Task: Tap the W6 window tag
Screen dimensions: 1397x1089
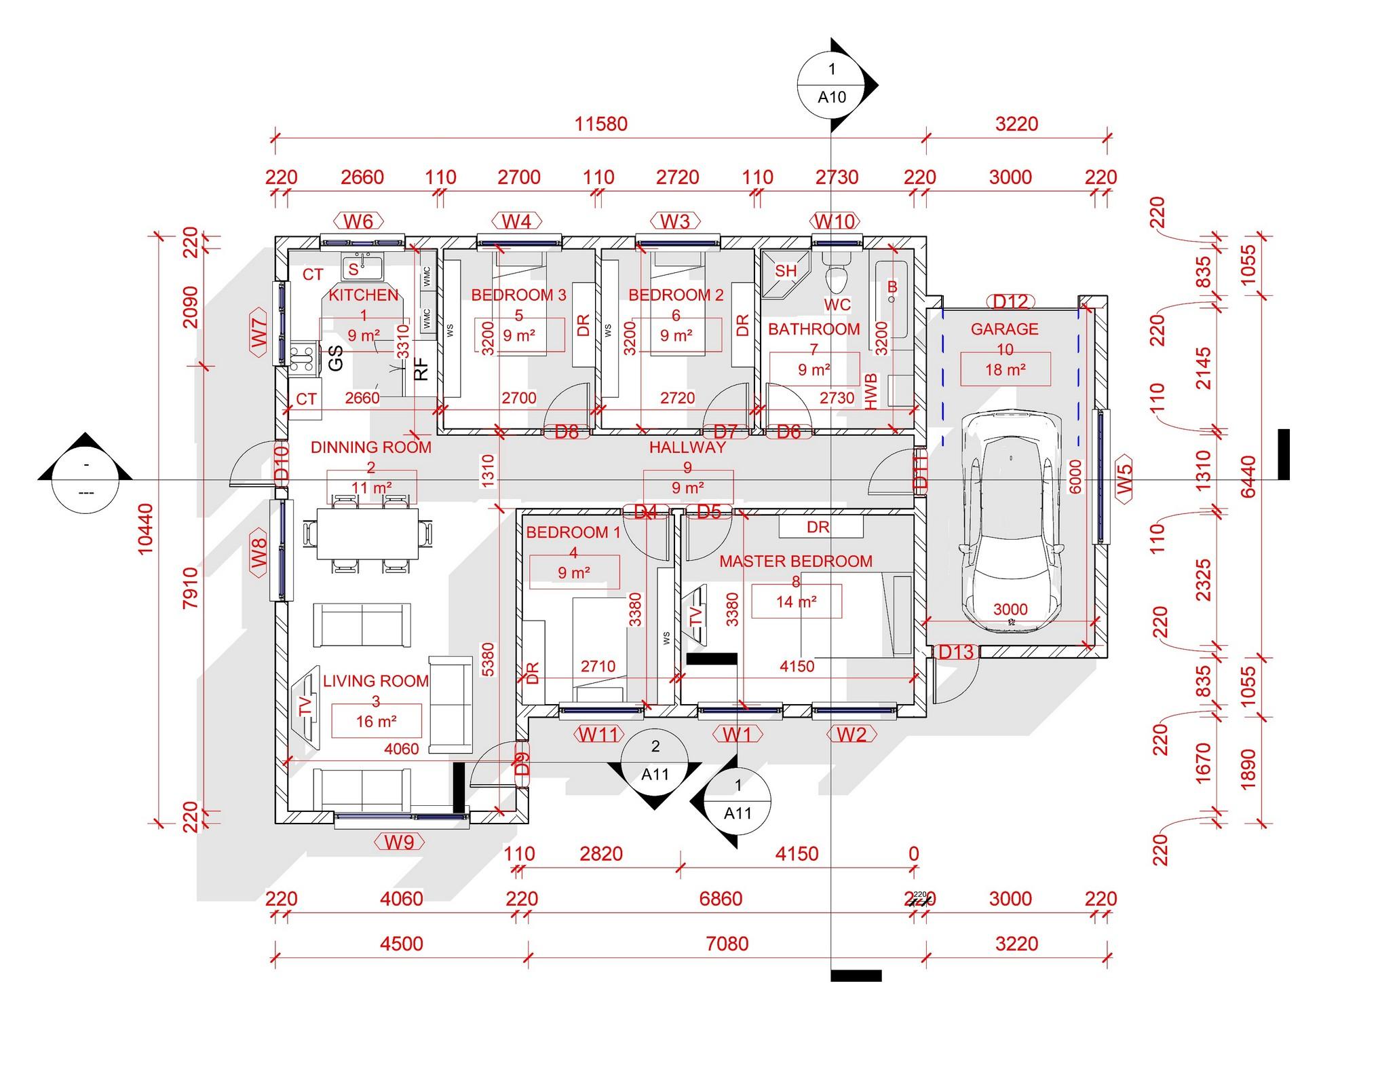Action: click(x=358, y=221)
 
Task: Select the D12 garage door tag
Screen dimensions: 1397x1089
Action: click(x=1010, y=301)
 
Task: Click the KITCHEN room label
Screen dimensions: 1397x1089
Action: click(x=364, y=295)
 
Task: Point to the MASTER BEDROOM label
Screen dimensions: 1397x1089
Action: click(x=795, y=561)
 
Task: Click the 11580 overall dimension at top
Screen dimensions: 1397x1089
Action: click(x=600, y=124)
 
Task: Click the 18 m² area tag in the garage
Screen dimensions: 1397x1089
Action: click(x=1005, y=369)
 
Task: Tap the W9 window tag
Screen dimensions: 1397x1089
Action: click(x=399, y=843)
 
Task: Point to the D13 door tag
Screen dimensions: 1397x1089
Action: click(x=955, y=652)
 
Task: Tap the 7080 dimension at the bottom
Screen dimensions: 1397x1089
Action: click(x=727, y=944)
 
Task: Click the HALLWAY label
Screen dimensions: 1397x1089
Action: click(x=687, y=447)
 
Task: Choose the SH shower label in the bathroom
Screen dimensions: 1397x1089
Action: click(x=786, y=271)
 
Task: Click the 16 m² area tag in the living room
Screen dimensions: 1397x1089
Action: click(x=376, y=721)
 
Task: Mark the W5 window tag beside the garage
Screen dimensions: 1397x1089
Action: click(x=1124, y=479)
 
